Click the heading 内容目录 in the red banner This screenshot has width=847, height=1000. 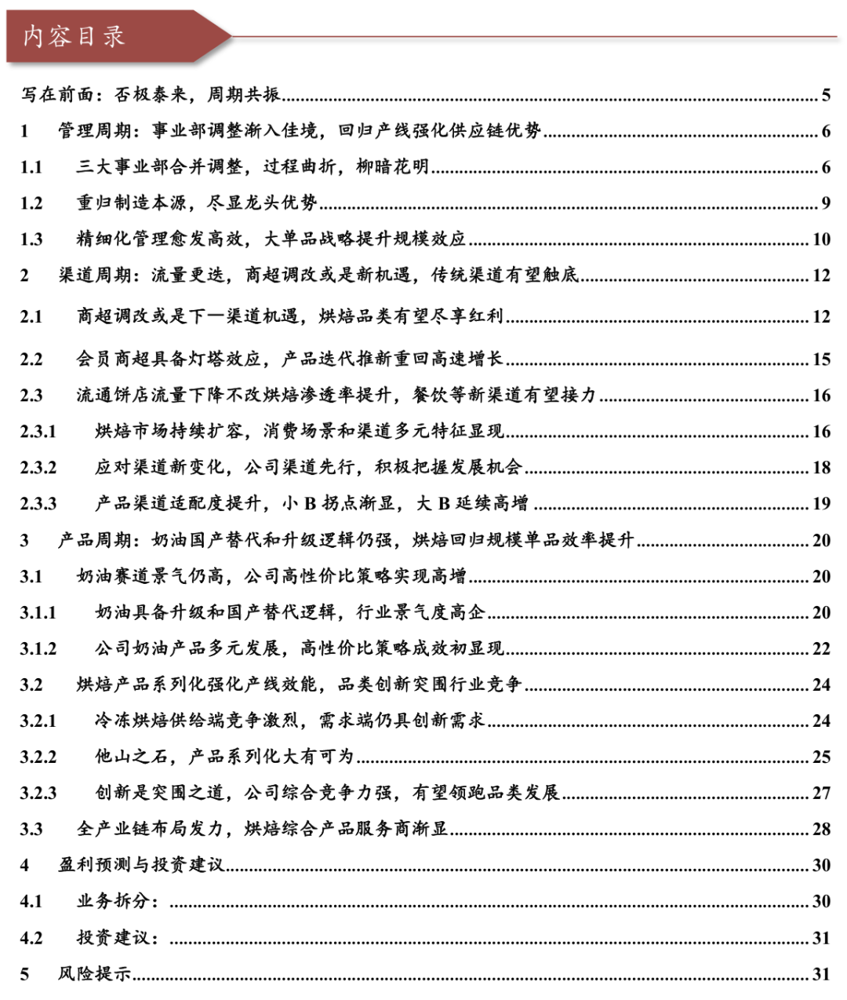tap(74, 36)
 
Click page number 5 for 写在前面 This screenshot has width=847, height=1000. tap(826, 96)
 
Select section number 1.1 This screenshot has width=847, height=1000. tap(31, 167)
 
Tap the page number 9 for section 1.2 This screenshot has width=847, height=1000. tap(826, 203)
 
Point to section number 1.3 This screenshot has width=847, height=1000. tap(31, 239)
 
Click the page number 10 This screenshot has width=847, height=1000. tap(821, 239)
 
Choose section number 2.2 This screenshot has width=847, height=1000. tap(31, 359)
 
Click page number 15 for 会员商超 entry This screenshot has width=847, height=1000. tap(821, 359)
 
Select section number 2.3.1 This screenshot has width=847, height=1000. tap(38, 432)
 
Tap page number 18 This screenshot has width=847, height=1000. tap(821, 468)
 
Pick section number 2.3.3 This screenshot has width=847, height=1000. tap(38, 504)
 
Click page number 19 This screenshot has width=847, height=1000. tap(821, 504)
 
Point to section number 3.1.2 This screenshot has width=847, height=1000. tap(38, 649)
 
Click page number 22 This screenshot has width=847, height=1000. tap(821, 649)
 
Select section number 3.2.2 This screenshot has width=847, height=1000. tap(38, 757)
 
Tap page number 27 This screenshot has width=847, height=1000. tap(821, 794)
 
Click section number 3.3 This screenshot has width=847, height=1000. tap(31, 830)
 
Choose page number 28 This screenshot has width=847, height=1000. tap(821, 830)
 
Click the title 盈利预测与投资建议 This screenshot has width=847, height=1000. tap(141, 865)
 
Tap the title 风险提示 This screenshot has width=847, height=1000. tap(95, 974)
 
